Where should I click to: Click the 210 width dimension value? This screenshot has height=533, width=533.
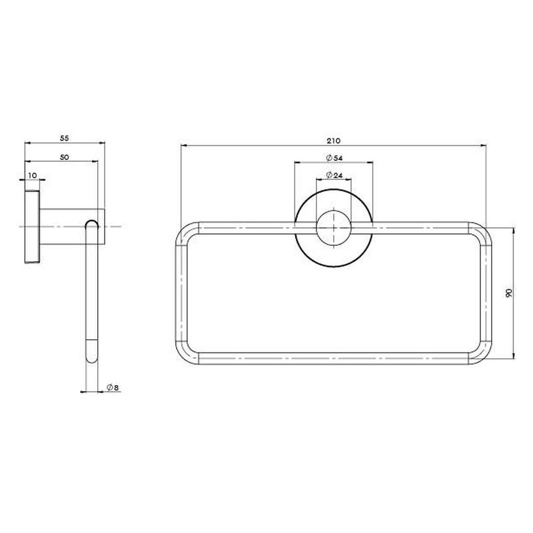[x=334, y=141]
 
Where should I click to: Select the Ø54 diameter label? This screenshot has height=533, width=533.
[x=334, y=158]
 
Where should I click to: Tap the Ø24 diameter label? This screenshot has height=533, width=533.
[x=334, y=175]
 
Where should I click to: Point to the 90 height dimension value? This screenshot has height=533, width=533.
[x=509, y=293]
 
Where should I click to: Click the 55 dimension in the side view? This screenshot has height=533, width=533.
[x=64, y=139]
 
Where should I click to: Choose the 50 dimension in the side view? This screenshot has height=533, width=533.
[x=64, y=157]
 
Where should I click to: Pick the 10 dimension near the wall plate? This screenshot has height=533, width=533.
[x=33, y=175]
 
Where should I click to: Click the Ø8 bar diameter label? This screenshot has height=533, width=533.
[x=113, y=388]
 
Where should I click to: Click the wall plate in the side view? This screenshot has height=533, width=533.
[x=32, y=227]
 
